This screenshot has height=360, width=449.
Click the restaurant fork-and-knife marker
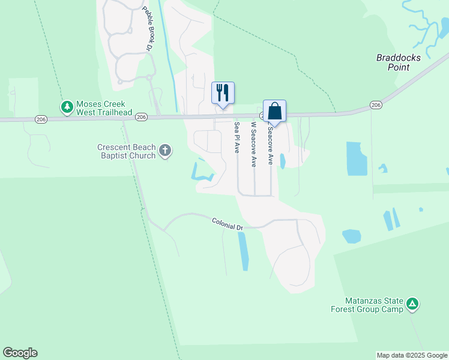tap(223, 93)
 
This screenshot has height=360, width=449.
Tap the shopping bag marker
tap(274, 111)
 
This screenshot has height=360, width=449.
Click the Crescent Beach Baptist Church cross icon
tap(165, 151)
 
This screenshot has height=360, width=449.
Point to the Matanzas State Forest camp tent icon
tap(412, 304)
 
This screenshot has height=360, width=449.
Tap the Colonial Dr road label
tap(227, 224)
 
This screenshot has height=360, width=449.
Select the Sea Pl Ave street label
tap(237, 138)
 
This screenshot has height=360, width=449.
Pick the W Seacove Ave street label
tap(254, 144)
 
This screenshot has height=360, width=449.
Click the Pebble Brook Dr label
tap(147, 28)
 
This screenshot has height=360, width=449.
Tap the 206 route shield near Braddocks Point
tap(376, 105)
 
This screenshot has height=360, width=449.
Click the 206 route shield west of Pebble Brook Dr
tap(141, 116)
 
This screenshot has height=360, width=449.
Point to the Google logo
tap(20, 353)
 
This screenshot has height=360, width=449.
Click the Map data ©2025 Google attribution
tap(412, 355)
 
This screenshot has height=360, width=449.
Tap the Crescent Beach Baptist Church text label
tap(127, 151)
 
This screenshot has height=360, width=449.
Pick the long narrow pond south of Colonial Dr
tap(243, 251)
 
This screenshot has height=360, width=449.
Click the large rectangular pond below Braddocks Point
tap(357, 159)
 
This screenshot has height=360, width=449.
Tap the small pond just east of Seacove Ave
tap(283, 160)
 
